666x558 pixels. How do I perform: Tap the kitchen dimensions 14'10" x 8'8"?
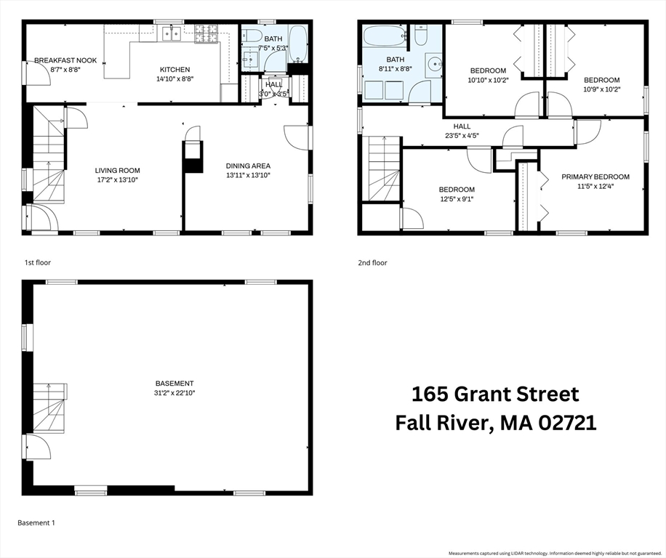[x=174, y=79]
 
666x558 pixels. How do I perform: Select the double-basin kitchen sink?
[x=171, y=33]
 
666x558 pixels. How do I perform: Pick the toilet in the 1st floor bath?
[x=252, y=36]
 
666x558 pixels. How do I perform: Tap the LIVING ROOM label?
[x=116, y=170]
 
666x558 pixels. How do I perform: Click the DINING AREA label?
[x=248, y=166]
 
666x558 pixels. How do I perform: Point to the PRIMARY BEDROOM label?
[x=595, y=177]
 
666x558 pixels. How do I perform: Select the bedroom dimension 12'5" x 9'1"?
[x=457, y=199]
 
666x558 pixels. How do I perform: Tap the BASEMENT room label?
[x=174, y=384]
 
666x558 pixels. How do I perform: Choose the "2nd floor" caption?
[x=372, y=263]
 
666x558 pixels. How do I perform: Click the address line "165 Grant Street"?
[x=495, y=395]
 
